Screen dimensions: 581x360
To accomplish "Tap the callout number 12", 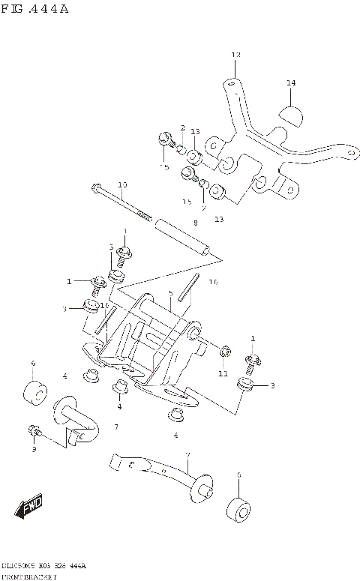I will point(235,55).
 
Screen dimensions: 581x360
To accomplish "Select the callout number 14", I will point(291,82).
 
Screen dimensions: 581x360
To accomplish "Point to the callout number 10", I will point(122,184).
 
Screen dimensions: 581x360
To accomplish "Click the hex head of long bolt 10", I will point(96,188).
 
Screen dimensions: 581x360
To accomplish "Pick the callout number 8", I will point(195,223).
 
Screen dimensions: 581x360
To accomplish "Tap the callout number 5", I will point(171,293).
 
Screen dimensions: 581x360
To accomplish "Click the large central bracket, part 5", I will point(150,345).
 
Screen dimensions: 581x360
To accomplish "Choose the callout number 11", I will point(223,373).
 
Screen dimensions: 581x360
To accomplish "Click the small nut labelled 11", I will point(223,352).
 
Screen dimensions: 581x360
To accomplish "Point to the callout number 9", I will point(33,449).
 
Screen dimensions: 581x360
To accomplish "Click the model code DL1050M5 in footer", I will point(19,565).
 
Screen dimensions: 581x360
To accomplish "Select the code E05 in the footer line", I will point(46,565).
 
